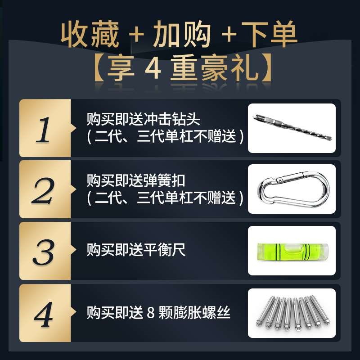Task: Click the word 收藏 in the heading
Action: pos(90,34)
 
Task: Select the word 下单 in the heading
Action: pos(270,34)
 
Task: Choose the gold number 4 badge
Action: pos(44,312)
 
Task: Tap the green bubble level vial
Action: pos(292,250)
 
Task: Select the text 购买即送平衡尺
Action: pos(136,250)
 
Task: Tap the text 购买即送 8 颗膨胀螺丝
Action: pos(158,312)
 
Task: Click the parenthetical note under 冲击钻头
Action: pos(165,136)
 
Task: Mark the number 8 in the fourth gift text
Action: pos(150,312)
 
